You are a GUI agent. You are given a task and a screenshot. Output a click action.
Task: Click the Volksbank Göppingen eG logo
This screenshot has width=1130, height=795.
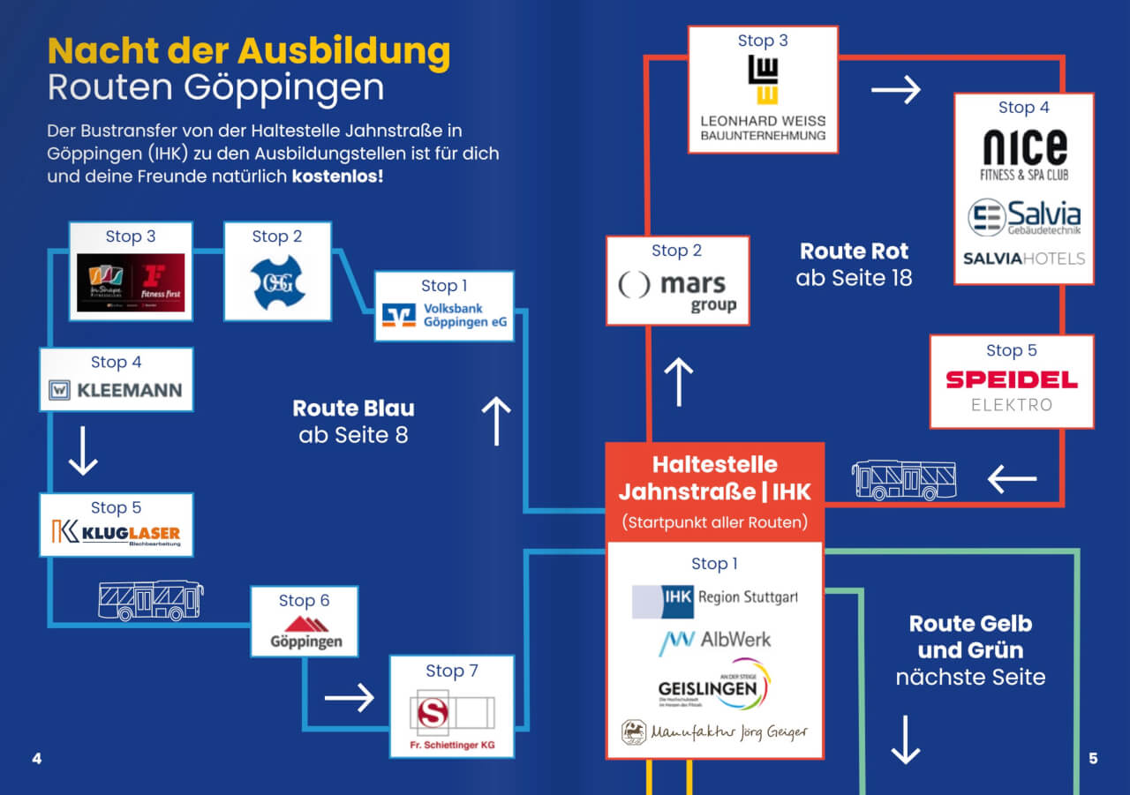tap(444, 316)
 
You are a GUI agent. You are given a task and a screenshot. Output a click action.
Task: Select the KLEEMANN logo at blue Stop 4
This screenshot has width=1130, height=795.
tap(116, 390)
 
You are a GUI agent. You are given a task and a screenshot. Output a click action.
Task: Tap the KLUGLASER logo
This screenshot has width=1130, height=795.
tap(116, 534)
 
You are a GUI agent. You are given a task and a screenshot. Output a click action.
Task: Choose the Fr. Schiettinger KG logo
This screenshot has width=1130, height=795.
tap(451, 716)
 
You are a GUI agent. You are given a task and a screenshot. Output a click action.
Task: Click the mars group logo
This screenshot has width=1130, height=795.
tap(678, 291)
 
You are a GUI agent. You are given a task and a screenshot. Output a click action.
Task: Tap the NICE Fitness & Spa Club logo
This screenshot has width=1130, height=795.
tap(1024, 154)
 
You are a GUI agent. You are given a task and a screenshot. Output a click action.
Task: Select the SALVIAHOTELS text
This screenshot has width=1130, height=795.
tap(1024, 259)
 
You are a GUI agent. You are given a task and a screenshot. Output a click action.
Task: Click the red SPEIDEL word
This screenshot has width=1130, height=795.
tap(1012, 380)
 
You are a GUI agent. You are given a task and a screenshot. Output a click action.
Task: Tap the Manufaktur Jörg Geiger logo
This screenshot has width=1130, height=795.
tap(715, 731)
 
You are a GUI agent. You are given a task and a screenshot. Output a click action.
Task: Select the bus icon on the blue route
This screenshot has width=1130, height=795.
tap(151, 601)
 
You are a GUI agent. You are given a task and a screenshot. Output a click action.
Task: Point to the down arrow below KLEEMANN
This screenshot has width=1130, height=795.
tap(83, 451)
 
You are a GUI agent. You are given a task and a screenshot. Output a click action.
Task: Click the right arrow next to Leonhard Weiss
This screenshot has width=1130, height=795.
tap(896, 90)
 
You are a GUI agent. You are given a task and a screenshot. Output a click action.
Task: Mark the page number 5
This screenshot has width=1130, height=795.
tap(1093, 759)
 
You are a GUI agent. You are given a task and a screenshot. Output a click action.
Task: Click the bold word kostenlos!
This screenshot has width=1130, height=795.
tap(337, 176)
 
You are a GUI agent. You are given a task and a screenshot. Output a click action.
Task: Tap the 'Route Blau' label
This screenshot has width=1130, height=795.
tap(353, 409)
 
